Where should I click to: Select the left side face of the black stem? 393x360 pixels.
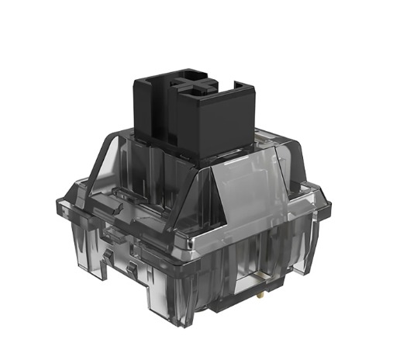pyautogui.click(x=153, y=109)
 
